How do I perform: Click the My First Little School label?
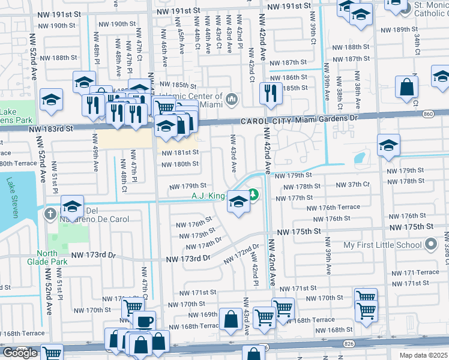(382, 245)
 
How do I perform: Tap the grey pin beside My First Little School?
(430, 245)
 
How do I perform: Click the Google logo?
(20, 353)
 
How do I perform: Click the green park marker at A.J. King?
(253, 194)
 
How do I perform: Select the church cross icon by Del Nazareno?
(52, 213)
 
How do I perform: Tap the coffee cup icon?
(145, 321)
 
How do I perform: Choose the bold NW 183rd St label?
(50, 128)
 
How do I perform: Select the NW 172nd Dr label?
(241, 254)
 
